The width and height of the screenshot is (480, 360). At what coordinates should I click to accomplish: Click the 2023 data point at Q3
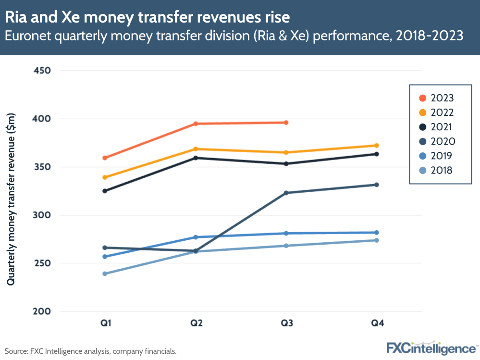[286, 123]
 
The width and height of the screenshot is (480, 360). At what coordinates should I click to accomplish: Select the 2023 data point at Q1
[105, 158]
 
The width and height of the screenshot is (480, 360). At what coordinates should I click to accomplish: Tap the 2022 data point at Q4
[377, 145]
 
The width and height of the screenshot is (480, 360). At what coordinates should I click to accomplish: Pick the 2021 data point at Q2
[196, 158]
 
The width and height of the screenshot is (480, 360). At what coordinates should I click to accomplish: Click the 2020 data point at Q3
[286, 193]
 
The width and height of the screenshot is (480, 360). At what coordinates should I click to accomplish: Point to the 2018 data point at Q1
[105, 273]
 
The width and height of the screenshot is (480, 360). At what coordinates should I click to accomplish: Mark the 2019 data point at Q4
[377, 233]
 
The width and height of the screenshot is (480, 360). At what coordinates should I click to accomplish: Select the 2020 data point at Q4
[377, 185]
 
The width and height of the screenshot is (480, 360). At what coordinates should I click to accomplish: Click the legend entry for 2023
[436, 98]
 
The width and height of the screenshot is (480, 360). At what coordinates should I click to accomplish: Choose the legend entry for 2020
[436, 141]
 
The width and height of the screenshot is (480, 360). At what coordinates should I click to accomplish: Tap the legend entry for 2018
[436, 170]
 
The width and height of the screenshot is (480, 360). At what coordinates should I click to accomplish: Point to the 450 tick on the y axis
[42, 71]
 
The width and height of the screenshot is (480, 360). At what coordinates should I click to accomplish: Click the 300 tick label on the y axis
[42, 215]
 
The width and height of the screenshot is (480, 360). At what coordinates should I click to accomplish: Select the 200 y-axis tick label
[42, 311]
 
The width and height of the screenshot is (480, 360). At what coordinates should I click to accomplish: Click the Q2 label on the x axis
[196, 323]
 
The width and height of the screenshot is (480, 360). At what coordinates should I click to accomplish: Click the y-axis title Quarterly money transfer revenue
[11, 199]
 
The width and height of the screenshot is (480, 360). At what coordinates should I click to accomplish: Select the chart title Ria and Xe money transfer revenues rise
[148, 17]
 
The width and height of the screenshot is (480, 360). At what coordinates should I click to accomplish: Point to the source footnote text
[91, 351]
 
